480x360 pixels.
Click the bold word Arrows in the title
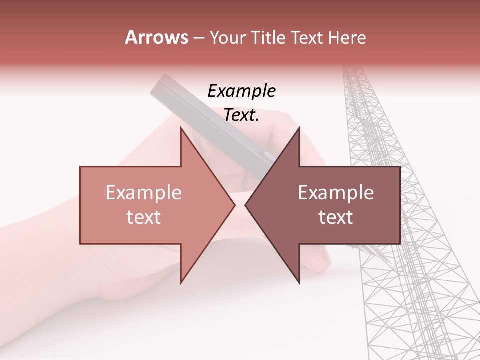156,37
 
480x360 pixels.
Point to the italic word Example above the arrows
241,92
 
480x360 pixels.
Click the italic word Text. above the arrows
241,115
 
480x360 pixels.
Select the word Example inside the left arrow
144,193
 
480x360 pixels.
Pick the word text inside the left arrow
144,217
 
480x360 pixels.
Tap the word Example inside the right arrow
336,193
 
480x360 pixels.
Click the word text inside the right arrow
336,217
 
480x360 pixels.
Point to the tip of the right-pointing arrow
234,205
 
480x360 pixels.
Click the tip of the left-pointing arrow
245,205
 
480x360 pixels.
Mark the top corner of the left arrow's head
181,128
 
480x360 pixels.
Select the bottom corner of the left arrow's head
181,283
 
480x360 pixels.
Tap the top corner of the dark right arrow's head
299,128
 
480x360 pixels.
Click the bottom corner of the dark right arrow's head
299,283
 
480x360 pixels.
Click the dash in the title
198,38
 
